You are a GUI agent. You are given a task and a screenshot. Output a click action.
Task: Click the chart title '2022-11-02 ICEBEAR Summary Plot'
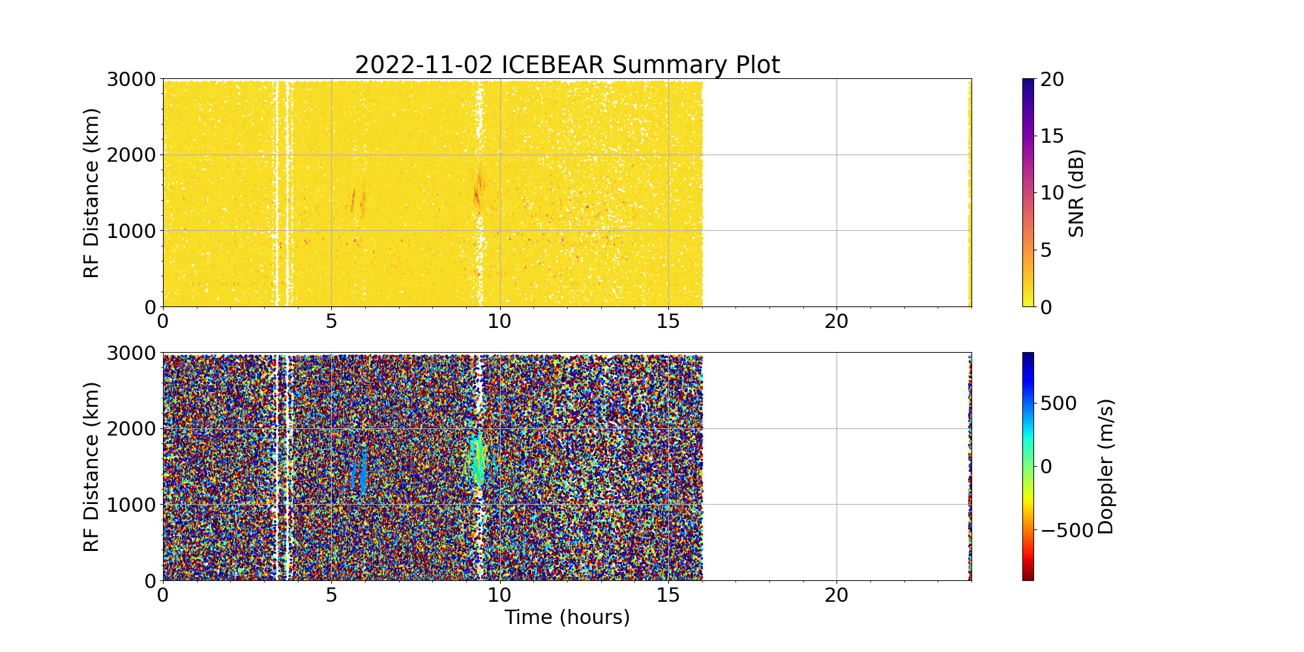[x=567, y=65]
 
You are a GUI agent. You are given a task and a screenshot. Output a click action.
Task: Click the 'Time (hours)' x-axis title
[x=567, y=617]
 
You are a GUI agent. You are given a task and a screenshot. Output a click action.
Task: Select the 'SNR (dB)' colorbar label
[x=1076, y=193]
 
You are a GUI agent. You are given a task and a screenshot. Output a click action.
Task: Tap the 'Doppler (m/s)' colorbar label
[x=1106, y=467]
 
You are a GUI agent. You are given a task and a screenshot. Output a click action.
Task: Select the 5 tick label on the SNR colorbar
[x=1045, y=250]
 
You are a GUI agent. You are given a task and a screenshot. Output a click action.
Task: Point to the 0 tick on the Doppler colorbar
[x=1045, y=467]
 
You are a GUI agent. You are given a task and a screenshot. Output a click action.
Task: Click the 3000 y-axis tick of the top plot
[x=131, y=80]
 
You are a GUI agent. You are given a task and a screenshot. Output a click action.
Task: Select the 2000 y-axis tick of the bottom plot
[x=131, y=429]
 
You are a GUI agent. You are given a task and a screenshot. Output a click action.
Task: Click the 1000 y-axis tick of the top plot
[x=131, y=231]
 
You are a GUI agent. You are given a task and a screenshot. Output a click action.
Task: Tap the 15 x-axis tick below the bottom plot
[x=668, y=595]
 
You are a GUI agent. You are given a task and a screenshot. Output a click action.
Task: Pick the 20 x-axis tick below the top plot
[x=837, y=321]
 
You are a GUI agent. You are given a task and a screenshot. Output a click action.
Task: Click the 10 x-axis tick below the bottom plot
[x=500, y=595]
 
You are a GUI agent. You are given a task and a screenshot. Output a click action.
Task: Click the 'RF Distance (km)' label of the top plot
[x=92, y=193]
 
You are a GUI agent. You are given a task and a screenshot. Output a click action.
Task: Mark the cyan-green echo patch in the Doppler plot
[x=477, y=460]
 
